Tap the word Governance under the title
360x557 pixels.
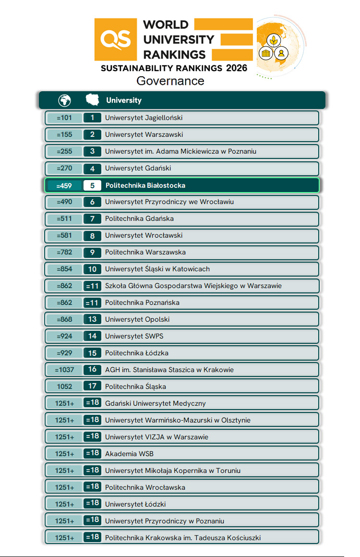click(x=170, y=81)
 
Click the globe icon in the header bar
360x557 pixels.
click(x=64, y=100)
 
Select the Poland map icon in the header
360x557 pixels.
click(x=92, y=100)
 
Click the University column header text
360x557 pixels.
click(x=124, y=100)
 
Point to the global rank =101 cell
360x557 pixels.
click(x=64, y=118)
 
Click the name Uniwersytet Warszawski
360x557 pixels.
click(x=144, y=134)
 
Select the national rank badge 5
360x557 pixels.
click(x=92, y=185)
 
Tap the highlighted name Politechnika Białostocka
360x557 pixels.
click(x=145, y=185)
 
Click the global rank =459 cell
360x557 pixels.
click(x=64, y=185)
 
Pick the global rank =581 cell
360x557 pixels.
click(x=64, y=236)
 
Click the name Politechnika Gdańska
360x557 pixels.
click(x=139, y=218)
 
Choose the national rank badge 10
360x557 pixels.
click(x=92, y=269)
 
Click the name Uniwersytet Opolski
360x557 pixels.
click(x=137, y=319)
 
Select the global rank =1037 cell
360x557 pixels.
click(x=64, y=370)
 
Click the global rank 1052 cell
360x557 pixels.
click(x=64, y=387)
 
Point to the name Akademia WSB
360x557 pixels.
click(x=129, y=454)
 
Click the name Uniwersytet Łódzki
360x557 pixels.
click(x=135, y=504)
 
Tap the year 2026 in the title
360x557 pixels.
click(x=236, y=68)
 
